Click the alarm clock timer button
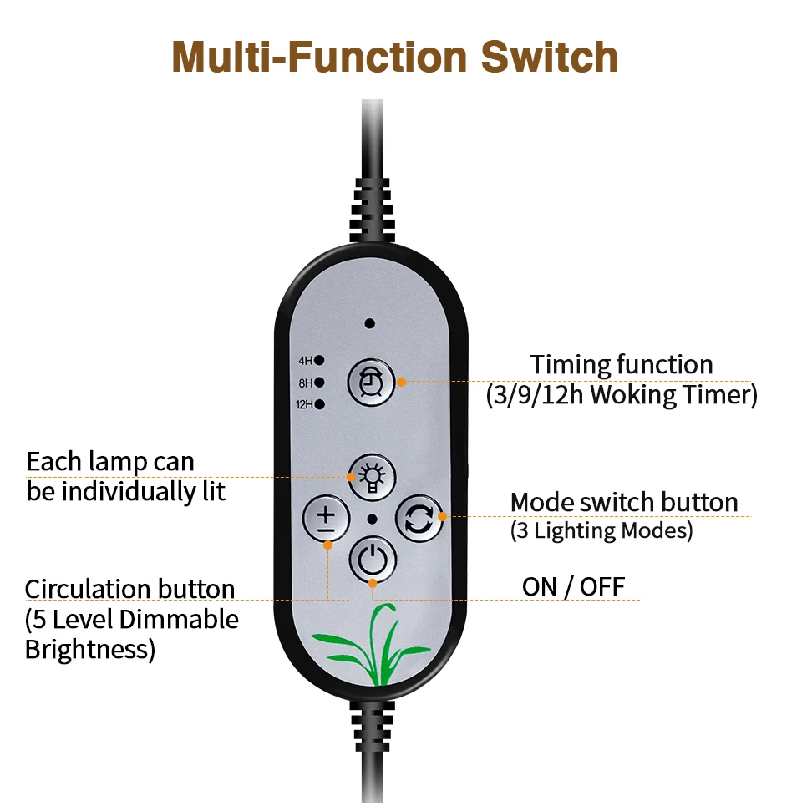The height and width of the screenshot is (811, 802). click(369, 382)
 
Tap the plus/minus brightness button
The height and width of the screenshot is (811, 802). click(325, 519)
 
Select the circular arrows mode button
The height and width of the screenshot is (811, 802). click(417, 519)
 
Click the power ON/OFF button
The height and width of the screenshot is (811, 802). click(372, 558)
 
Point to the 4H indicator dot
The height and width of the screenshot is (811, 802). click(319, 362)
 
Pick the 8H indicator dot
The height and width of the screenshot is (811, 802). click(319, 383)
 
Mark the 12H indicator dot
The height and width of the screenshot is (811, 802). click(319, 405)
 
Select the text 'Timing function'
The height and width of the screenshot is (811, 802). click(622, 365)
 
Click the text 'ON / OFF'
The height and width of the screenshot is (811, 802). click(573, 586)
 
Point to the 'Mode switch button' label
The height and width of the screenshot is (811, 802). click(624, 503)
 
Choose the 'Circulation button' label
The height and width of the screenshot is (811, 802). click(129, 590)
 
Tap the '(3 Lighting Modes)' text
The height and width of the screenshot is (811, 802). click(601, 531)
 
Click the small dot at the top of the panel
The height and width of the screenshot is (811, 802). click(369, 322)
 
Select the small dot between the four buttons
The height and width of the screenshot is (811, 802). click(372, 519)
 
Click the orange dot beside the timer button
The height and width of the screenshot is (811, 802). click(401, 382)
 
